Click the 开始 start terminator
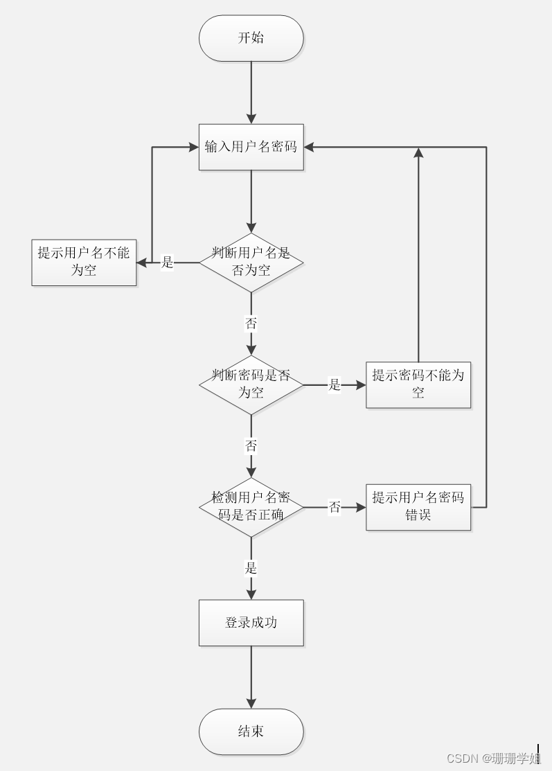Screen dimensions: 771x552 tap(251, 38)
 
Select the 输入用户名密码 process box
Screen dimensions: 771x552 tap(251, 147)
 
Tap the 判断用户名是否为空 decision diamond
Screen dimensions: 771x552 tap(251, 262)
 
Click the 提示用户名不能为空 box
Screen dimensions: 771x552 tap(84, 262)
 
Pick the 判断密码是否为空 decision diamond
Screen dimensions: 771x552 tap(251, 384)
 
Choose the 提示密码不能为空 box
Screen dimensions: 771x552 tap(418, 384)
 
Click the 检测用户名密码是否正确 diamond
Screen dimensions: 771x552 tap(251, 507)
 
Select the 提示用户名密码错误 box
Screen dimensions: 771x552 tap(418, 507)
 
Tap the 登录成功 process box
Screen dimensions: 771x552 tap(251, 623)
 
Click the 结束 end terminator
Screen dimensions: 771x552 tap(251, 732)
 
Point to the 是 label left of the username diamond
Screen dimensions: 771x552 tap(168, 263)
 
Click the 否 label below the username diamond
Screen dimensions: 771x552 tap(251, 324)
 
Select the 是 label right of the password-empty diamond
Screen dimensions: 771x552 tap(335, 385)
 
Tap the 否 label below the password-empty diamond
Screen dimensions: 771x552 tap(251, 446)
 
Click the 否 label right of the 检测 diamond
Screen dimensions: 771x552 tap(335, 508)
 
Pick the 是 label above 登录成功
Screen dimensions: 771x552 tap(251, 569)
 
